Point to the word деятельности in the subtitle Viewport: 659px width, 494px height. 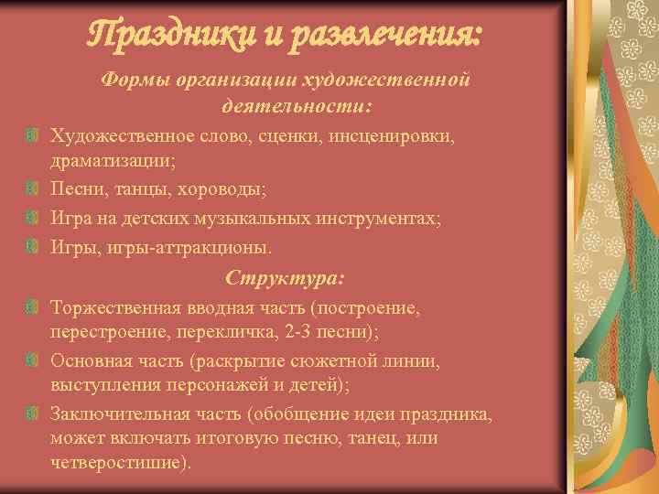click(290, 107)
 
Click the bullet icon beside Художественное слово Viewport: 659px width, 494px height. click(33, 136)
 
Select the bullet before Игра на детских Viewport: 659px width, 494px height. click(33, 219)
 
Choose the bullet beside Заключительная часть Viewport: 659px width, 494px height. click(33, 414)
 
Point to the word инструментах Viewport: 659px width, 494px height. click(378, 219)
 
